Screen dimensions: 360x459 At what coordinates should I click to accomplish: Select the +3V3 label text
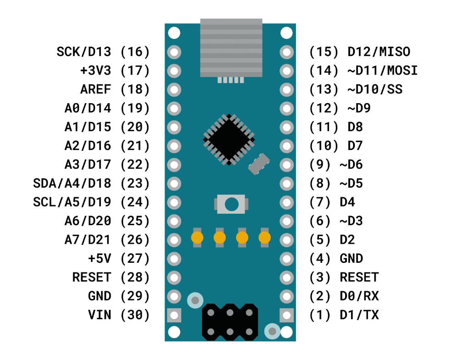coord(95,71)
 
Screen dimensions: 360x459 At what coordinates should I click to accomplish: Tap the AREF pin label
coord(95,89)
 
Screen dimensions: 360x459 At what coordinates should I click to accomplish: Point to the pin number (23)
coord(135,183)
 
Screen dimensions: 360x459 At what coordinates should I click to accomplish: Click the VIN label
coord(99,315)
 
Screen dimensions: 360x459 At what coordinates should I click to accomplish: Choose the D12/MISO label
coord(379,52)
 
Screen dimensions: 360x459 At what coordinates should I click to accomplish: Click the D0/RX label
coord(359,296)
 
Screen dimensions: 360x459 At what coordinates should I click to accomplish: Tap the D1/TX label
coord(359,315)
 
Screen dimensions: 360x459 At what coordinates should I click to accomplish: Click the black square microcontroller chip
coord(229,139)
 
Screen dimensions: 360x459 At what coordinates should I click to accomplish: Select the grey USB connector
coord(231,48)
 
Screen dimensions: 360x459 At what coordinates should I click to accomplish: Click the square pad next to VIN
coord(174,315)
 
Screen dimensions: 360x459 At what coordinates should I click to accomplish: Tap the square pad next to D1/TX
coord(286,315)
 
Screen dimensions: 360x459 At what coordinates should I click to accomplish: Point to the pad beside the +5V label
coord(174,259)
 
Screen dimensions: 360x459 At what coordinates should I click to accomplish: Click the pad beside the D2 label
coord(286,240)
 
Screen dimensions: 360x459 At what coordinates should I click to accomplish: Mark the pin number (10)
coord(320,146)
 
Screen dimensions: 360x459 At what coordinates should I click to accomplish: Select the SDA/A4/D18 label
coord(72,183)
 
